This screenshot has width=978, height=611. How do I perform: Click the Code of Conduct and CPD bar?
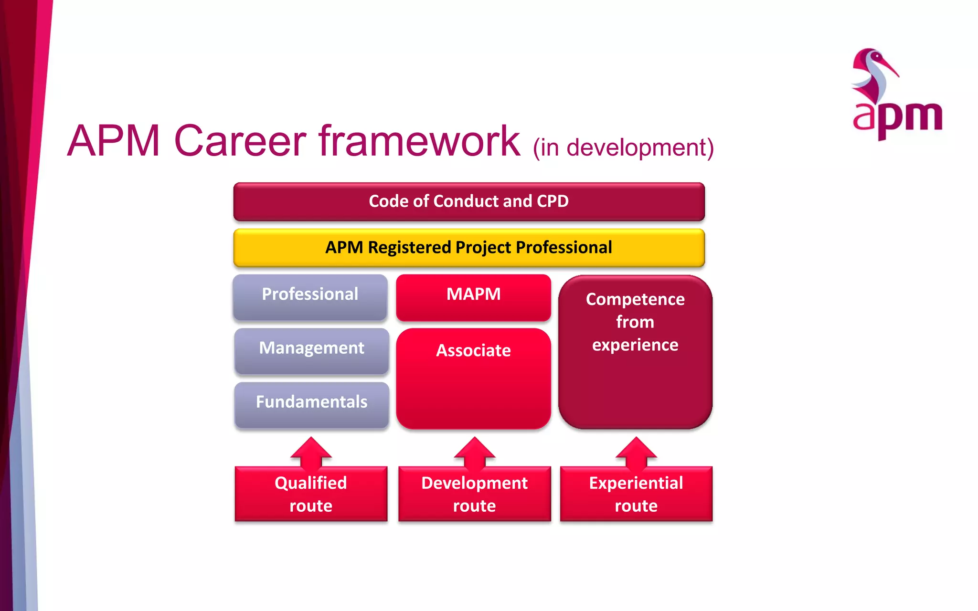point(469,201)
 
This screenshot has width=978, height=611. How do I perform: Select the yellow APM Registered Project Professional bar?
point(469,247)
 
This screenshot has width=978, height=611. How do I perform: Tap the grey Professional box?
point(310,296)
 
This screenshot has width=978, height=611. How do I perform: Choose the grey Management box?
point(311,350)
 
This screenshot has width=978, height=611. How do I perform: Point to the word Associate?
point(473,350)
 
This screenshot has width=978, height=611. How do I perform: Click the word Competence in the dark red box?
point(635,299)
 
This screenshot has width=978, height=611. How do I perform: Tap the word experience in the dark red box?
point(635,345)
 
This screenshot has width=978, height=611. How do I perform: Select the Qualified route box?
point(311,494)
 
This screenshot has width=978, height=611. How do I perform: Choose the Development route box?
point(474,494)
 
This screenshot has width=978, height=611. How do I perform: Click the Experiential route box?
point(636,494)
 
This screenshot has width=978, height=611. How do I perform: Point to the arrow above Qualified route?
point(311,451)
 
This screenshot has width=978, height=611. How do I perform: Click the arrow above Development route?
point(474,451)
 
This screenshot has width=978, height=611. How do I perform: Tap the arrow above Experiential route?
point(636,451)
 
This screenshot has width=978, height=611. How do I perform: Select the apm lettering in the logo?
point(898,117)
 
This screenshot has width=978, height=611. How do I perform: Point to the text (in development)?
point(623,147)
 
